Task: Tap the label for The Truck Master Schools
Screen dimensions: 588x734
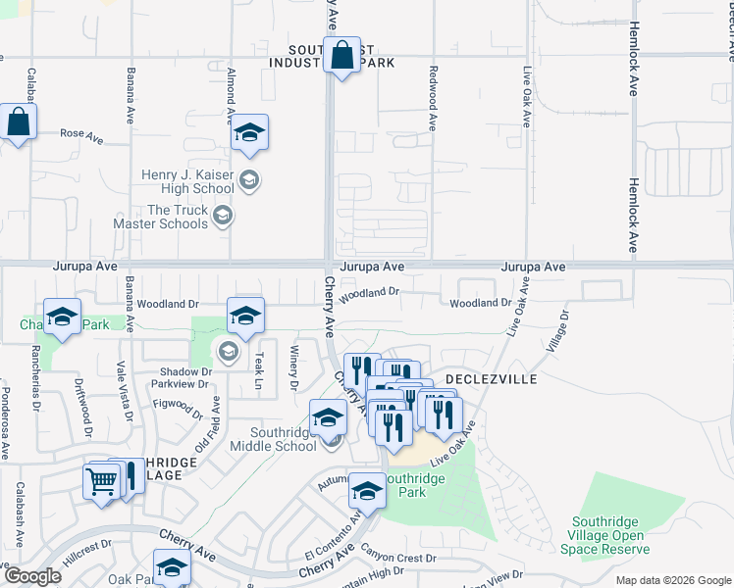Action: (178, 217)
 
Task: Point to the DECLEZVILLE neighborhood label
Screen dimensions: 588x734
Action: (488, 377)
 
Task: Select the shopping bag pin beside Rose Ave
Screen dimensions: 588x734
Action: (19, 123)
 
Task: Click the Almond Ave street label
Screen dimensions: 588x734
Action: (231, 96)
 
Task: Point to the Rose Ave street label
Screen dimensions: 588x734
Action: (81, 133)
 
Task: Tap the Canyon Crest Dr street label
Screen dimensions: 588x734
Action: (397, 559)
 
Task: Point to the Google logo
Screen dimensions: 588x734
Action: (32, 576)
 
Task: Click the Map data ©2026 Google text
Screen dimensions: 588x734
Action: (673, 580)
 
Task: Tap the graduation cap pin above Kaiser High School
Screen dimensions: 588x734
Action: (250, 134)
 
